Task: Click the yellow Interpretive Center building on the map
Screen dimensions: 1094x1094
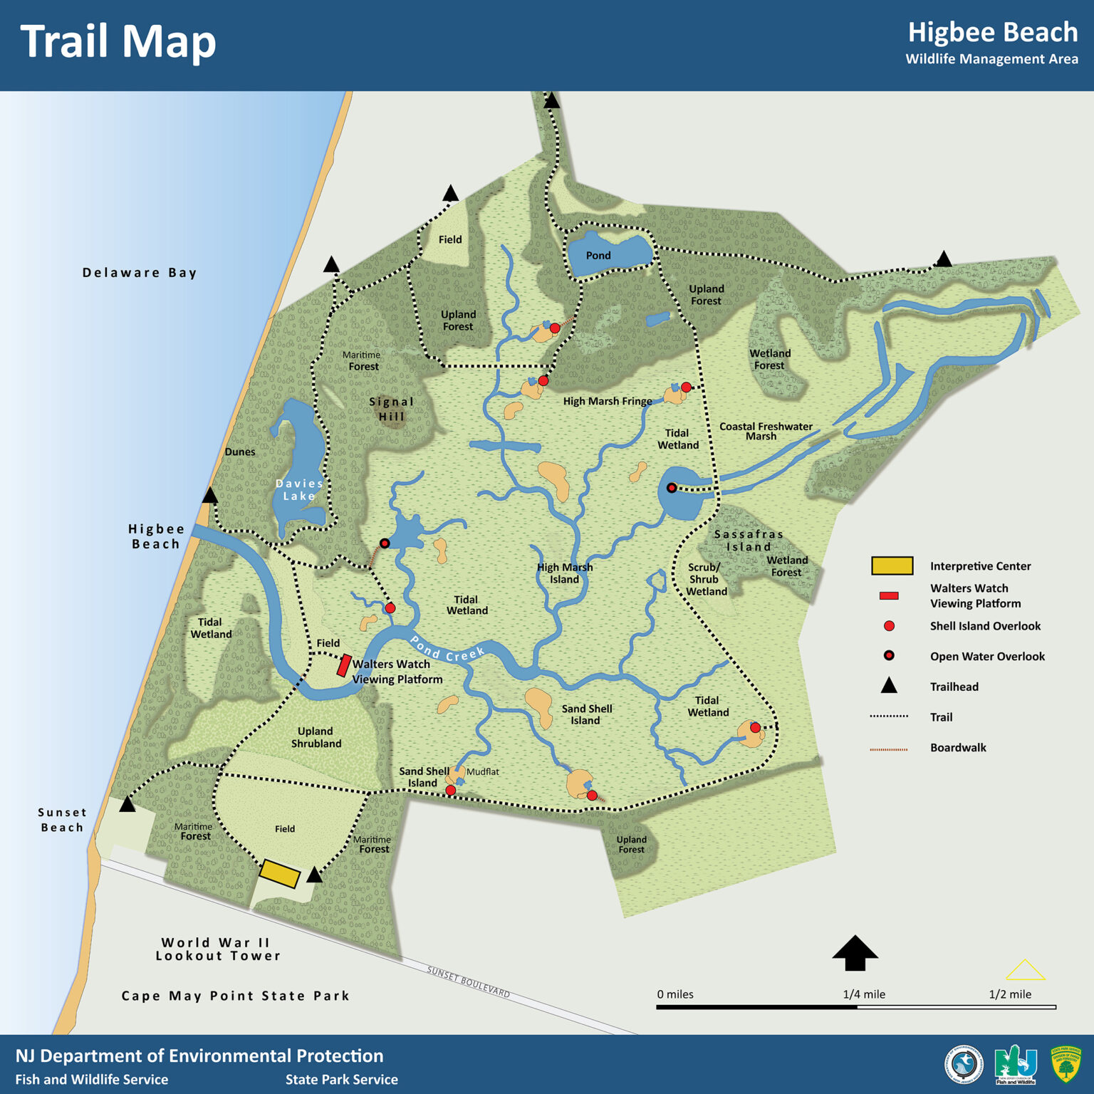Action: (279, 873)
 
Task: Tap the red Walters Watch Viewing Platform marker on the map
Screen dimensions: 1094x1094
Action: (344, 665)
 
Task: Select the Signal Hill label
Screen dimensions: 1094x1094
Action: (391, 409)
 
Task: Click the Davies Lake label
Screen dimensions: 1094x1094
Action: (299, 489)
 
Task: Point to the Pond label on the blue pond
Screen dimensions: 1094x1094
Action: (598, 256)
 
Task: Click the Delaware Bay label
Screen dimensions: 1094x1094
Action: (139, 273)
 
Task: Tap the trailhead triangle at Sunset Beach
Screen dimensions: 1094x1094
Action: (127, 805)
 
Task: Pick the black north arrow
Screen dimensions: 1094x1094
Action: (855, 953)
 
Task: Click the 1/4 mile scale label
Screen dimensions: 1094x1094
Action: (864, 994)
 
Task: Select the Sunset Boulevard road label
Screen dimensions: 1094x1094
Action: (469, 981)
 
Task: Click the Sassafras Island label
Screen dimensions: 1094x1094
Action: (749, 541)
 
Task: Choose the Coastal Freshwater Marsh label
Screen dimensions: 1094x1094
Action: (766, 431)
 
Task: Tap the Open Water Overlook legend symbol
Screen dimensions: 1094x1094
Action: (889, 655)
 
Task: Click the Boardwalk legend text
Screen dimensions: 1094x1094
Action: (958, 748)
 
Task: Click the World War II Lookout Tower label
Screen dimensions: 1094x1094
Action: (218, 949)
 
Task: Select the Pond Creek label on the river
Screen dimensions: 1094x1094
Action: (447, 649)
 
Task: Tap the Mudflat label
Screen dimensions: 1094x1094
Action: (483, 772)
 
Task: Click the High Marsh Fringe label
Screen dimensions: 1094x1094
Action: (608, 402)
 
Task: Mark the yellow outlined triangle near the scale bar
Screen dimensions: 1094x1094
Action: (1025, 970)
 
